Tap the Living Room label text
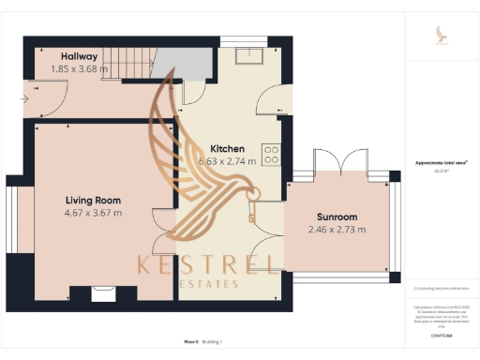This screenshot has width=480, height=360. pos(93,200)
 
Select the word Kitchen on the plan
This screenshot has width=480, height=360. pos(227,149)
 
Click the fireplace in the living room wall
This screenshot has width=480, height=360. pos(102,294)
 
